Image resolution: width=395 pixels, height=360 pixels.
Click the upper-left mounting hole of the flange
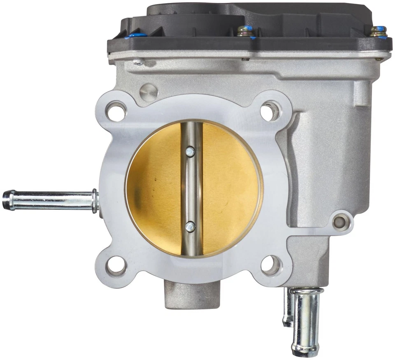click(116, 111)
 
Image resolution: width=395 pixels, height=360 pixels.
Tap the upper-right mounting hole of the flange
click(270, 111)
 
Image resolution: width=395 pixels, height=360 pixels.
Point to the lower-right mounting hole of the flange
click(270, 265)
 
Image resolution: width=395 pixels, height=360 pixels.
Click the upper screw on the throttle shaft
click(190, 153)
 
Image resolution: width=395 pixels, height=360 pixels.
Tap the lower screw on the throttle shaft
click(190, 225)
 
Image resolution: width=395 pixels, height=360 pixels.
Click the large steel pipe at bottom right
click(305, 321)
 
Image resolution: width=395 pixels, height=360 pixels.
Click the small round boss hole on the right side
click(340, 222)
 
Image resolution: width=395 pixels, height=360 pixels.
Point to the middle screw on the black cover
click(245, 32)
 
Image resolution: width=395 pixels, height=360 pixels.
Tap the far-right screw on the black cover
click(378, 32)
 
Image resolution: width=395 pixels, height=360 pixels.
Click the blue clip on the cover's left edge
click(135, 36)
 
